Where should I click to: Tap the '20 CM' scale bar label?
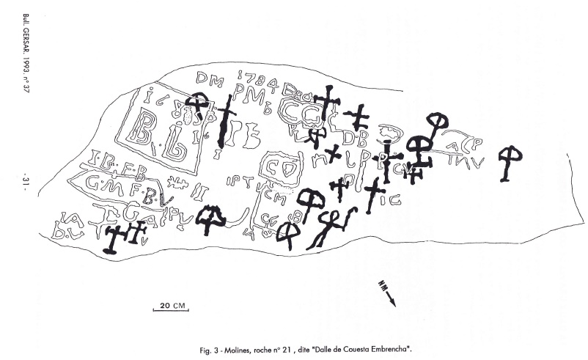pos(169,304)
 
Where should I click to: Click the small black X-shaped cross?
pos(334,153)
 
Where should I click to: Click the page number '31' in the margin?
pos(25,180)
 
